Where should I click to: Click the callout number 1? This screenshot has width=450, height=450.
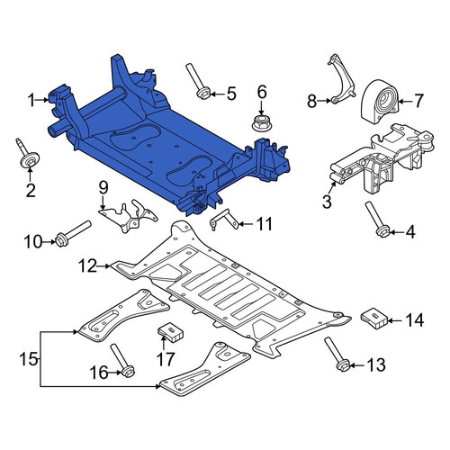[31, 100]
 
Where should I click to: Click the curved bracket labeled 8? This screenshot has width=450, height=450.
[344, 80]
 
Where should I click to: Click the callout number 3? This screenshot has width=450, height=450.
[327, 202]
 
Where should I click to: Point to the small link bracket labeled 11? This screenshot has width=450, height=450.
[224, 220]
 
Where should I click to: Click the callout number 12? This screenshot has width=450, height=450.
[87, 265]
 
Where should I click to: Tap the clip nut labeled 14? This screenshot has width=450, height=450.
[374, 319]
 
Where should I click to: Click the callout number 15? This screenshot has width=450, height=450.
[28, 359]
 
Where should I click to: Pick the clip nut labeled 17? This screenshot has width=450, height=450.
[171, 332]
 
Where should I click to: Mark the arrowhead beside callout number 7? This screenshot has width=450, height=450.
[401, 102]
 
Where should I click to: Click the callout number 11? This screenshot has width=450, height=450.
[264, 224]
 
